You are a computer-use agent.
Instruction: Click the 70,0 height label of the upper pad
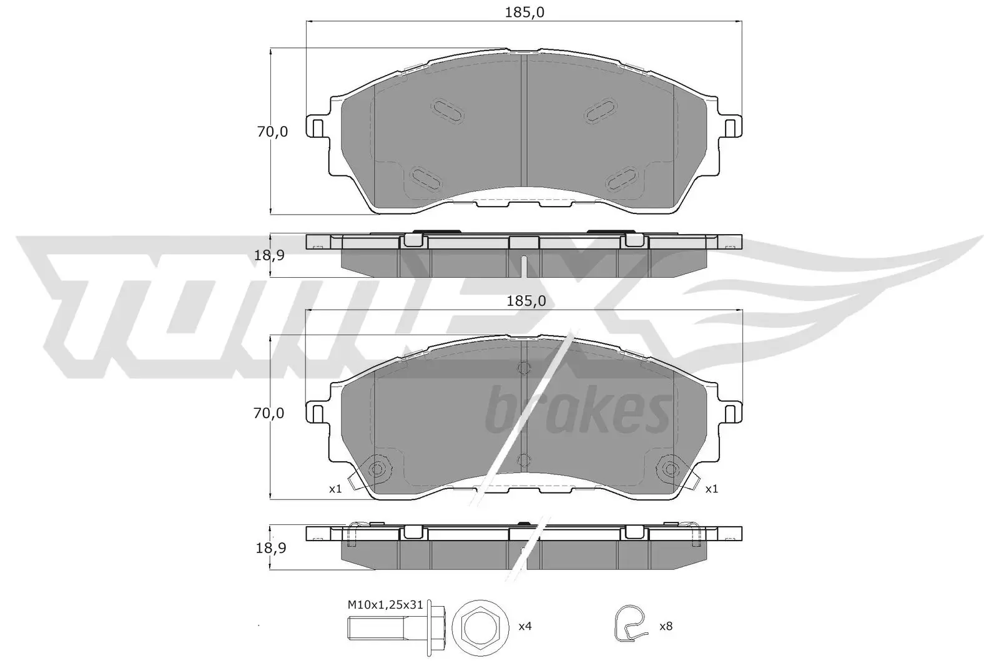272,132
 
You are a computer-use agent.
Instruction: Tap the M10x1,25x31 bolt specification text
385,604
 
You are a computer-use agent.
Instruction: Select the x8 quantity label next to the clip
666,625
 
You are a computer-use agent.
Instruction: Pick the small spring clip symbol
628,625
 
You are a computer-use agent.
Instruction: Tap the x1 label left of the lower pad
335,489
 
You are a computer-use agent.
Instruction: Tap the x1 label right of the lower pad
711,489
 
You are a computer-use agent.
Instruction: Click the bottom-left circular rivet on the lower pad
378,469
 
